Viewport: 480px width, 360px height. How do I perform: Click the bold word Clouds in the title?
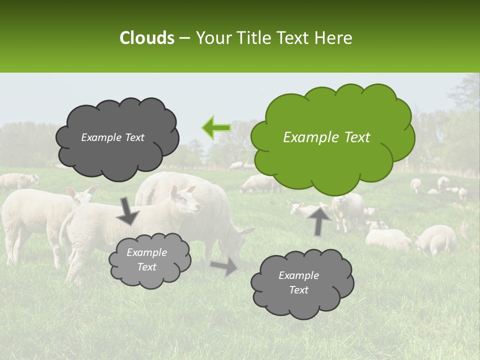point(146,38)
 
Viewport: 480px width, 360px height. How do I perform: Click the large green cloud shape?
point(332,137)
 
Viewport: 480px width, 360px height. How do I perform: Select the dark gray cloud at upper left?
point(117,137)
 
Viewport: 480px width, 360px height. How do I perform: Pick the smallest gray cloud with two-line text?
point(149,260)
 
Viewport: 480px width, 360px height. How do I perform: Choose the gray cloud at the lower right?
point(302,283)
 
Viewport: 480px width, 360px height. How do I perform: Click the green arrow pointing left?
point(216,127)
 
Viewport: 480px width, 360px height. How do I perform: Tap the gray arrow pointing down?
point(128,210)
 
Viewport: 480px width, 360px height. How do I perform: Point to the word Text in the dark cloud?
point(133,137)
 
